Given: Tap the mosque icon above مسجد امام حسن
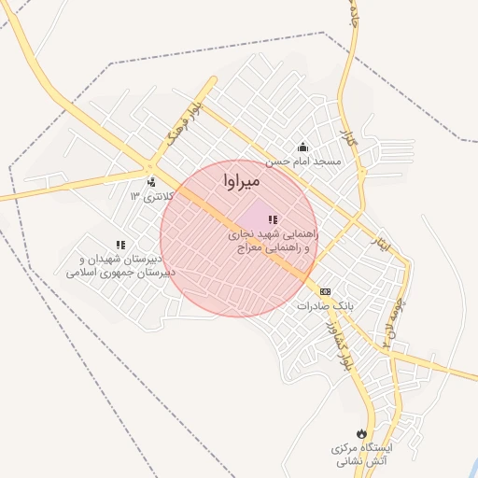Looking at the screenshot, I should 302,147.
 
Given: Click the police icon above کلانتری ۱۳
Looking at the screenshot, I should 151,182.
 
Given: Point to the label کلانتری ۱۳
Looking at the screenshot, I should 148,196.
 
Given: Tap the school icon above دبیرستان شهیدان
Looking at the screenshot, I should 119,245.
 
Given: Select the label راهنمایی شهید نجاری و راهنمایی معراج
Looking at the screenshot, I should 274,242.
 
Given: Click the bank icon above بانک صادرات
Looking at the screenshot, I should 325,291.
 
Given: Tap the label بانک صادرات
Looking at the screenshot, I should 321,305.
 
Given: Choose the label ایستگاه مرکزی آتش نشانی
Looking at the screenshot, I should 363,455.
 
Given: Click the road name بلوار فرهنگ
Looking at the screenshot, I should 183,123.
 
